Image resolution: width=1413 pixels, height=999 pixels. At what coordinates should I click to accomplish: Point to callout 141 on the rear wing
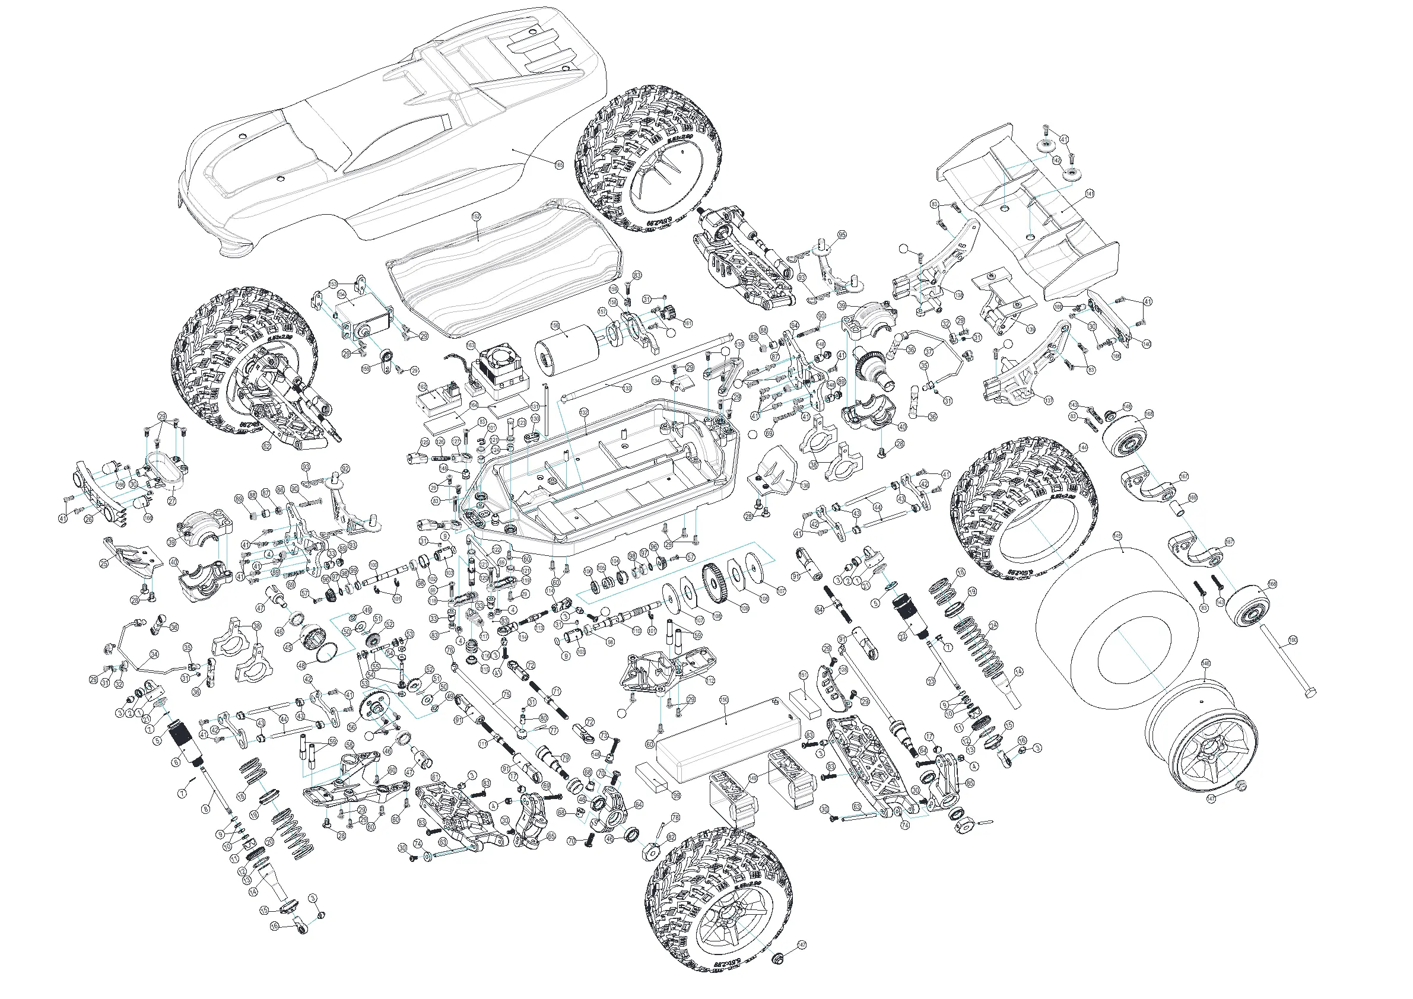(x=1090, y=194)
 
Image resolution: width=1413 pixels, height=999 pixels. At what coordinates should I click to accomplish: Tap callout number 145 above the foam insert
(x=1117, y=536)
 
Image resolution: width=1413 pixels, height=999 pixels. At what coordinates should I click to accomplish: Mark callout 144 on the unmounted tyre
(x=1082, y=447)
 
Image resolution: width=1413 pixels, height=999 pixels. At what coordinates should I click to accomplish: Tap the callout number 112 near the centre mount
(x=711, y=680)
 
